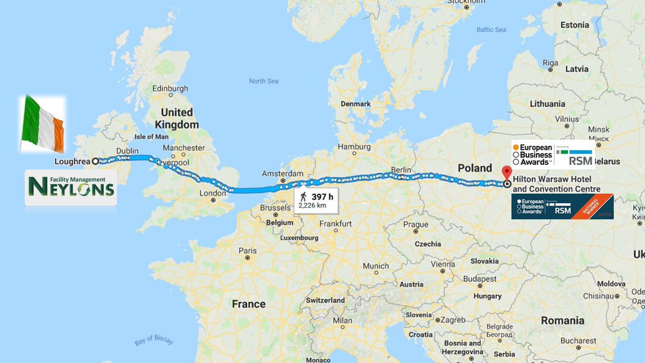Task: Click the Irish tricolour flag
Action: coord(42,124)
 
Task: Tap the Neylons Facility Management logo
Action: coord(70,187)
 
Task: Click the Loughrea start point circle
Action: coord(95,161)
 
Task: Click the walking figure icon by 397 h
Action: coord(304,196)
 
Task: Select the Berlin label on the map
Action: coord(401,169)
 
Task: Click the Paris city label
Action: coord(248,251)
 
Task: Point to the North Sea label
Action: coord(263,81)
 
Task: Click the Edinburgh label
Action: coord(170,88)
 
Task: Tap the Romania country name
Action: coord(562,321)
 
